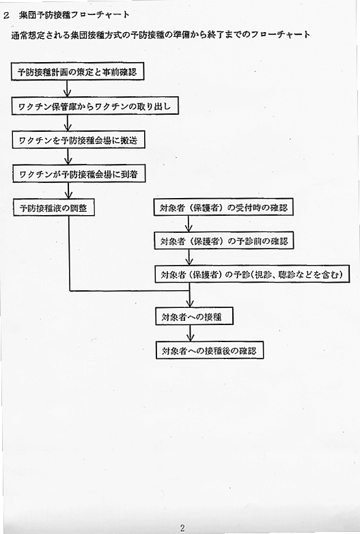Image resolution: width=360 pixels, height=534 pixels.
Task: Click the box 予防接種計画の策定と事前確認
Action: point(78,72)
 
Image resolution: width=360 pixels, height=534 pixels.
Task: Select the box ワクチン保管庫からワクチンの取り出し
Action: point(95,106)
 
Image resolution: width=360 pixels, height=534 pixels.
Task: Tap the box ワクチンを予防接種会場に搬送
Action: point(79,140)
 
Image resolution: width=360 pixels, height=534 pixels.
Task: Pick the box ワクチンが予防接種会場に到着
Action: point(79,174)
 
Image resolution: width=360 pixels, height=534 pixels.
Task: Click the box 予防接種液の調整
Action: point(53,208)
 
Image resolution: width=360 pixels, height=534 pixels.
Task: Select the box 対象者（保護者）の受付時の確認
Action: point(223,207)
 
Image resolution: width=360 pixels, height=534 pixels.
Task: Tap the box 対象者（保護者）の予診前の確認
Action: point(224,241)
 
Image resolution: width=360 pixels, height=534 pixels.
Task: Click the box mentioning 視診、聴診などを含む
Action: point(252,274)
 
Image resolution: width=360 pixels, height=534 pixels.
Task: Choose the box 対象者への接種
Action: point(194,316)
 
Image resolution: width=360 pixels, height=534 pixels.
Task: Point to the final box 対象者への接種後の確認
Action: point(210,350)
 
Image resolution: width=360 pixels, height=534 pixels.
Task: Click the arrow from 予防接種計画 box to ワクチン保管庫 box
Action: point(68,89)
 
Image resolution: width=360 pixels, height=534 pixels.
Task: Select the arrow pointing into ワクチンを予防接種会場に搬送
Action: point(68,123)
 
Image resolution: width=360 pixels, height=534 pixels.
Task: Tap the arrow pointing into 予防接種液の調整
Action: point(68,191)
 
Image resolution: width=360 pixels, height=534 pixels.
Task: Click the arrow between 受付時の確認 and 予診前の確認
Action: point(189,224)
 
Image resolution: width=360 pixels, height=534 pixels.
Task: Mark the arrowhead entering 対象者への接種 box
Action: point(190,303)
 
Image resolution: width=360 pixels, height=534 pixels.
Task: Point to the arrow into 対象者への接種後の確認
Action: point(191,333)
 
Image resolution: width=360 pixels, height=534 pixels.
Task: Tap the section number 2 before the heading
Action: point(6,16)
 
